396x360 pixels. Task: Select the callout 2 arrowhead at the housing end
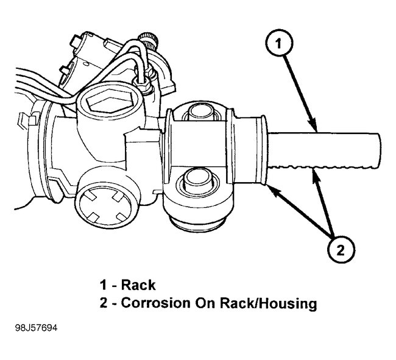point(269,188)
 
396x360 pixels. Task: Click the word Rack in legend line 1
point(138,284)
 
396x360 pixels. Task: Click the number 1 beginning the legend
point(104,284)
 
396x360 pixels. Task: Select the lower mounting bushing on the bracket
point(200,180)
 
